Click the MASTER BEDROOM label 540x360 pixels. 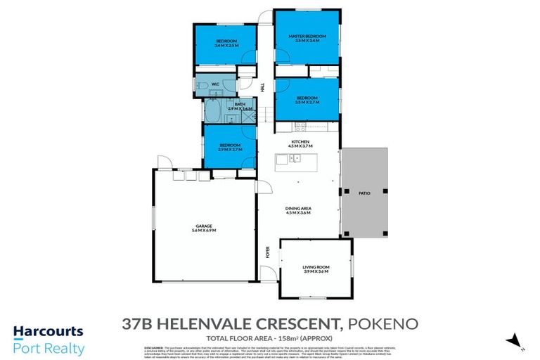point(307,36)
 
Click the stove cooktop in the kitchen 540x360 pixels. point(300,127)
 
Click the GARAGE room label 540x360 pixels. point(203,226)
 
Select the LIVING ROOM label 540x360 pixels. point(315,267)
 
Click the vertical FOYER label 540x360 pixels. point(266,252)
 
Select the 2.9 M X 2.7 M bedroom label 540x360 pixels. point(229,150)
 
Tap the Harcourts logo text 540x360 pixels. point(48,331)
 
